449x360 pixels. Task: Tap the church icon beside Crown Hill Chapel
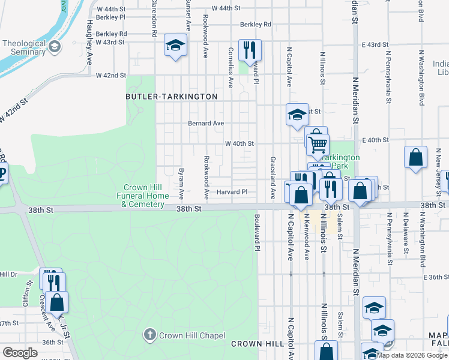(x=149, y=334)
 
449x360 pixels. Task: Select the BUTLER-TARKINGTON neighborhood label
(x=171, y=96)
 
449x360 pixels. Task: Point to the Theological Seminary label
(x=24, y=47)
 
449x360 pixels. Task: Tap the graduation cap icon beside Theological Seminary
(x=55, y=47)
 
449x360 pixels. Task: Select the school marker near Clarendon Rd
(x=175, y=45)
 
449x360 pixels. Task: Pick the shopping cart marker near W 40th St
(x=318, y=144)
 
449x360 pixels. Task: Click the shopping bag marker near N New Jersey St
(x=415, y=158)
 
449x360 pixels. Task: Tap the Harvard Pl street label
(x=232, y=192)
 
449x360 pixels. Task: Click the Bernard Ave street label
(x=206, y=123)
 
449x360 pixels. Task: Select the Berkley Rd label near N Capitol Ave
(x=256, y=25)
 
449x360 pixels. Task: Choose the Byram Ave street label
(x=181, y=184)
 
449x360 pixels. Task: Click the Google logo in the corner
(x=20, y=353)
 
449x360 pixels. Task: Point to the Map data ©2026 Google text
(x=412, y=355)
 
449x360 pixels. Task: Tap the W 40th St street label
(x=240, y=144)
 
